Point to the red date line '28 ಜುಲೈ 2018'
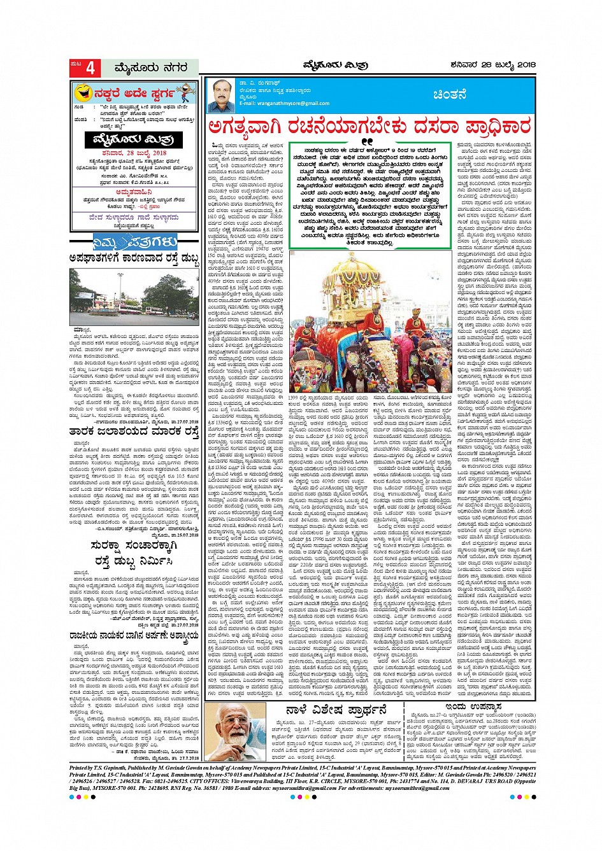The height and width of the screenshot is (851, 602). pos(134,153)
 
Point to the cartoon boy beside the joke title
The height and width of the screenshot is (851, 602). pos(185,94)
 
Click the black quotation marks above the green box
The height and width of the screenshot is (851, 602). pos(366,141)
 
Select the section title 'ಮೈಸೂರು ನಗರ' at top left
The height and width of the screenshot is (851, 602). pos(150,67)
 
